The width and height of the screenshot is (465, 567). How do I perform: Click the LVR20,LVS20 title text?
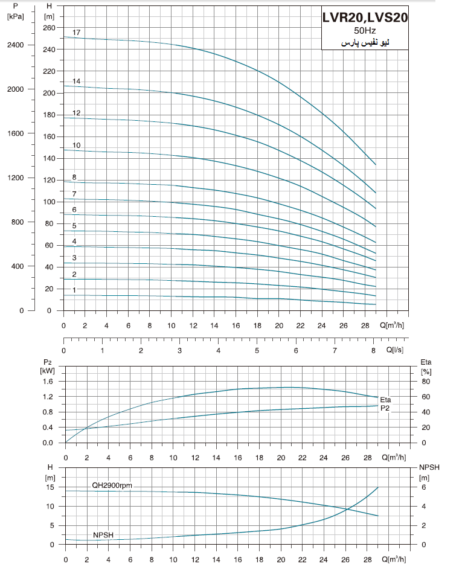click(365, 18)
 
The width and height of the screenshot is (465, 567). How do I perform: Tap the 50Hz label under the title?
click(364, 31)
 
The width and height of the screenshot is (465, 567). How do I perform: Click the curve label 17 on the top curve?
click(77, 32)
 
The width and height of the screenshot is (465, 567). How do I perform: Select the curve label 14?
click(77, 81)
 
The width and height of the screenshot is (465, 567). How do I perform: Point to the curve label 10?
click(77, 146)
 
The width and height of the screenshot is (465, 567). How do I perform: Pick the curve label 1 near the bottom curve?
click(74, 290)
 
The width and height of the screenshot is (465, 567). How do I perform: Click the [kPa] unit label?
click(16, 16)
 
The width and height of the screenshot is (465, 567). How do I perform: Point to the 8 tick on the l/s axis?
click(374, 350)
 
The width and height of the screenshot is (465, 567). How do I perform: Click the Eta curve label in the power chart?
click(386, 400)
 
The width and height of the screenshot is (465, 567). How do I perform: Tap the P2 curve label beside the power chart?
click(385, 408)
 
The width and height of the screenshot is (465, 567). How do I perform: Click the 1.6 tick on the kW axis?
click(48, 382)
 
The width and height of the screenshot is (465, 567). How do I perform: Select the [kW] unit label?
click(48, 370)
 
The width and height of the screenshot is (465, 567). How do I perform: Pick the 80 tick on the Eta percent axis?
click(425, 382)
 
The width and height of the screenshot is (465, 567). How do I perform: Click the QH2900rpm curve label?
click(112, 485)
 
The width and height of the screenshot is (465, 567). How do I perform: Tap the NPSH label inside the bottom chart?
click(103, 535)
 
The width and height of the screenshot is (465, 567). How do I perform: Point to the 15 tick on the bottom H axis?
click(51, 487)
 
